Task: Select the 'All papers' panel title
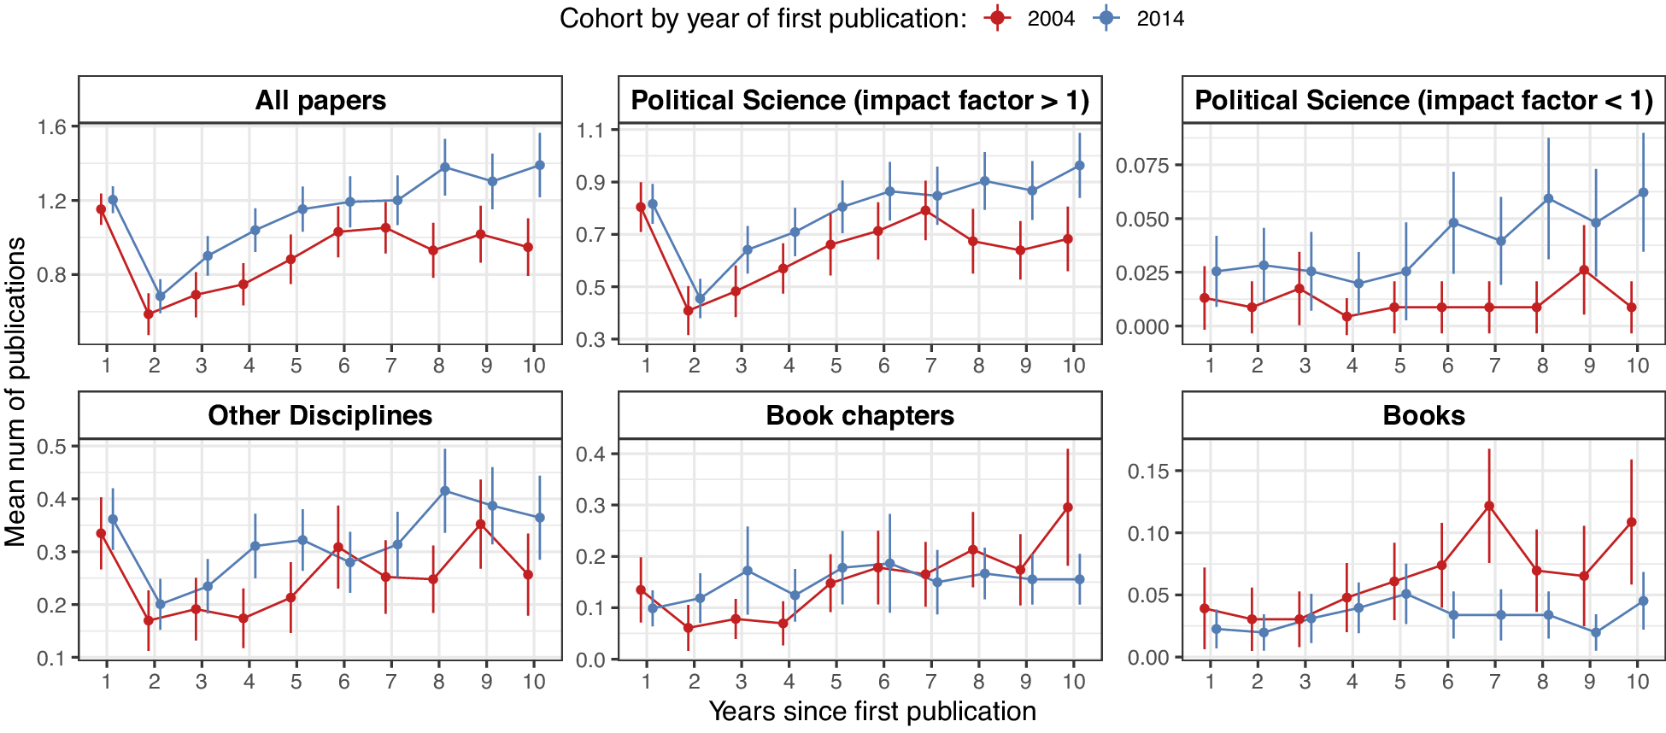[320, 101]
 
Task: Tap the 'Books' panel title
[1423, 416]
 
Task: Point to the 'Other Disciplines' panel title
[320, 416]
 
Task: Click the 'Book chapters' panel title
[859, 416]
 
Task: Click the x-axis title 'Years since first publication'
[872, 712]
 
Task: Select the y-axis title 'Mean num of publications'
[15, 391]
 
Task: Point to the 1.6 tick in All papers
[51, 127]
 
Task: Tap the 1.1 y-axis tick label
[590, 131]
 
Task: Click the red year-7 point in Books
[1489, 506]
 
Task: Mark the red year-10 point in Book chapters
[1068, 507]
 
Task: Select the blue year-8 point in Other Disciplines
[445, 491]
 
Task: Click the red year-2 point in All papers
[149, 314]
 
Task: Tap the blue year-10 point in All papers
[540, 165]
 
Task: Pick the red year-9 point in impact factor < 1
[1584, 270]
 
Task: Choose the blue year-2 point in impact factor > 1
[700, 299]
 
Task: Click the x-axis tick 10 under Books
[1637, 682]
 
